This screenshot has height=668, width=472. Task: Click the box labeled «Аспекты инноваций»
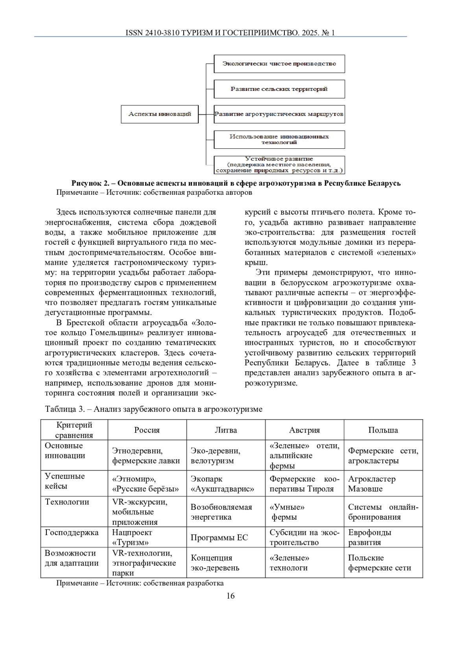(x=160, y=114)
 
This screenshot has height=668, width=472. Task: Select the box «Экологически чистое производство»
(x=279, y=64)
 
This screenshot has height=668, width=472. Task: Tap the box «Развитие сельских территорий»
(x=279, y=89)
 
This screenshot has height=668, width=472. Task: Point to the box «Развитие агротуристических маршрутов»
(x=279, y=114)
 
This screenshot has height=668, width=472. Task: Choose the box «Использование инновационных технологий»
(x=279, y=139)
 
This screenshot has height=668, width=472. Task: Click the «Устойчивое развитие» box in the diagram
(x=279, y=165)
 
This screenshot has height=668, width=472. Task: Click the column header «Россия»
(x=147, y=430)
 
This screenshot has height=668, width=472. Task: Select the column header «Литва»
(x=226, y=430)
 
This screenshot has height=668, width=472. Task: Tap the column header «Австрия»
(x=304, y=430)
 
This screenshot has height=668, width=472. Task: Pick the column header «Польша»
(x=383, y=430)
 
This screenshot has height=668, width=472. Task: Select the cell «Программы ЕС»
(x=219, y=537)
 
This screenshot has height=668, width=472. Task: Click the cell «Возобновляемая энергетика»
(x=221, y=512)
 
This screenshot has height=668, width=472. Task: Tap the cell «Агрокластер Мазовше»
(x=372, y=484)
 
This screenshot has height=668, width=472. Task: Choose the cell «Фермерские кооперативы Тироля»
(x=304, y=484)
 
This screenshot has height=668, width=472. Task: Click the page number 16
(x=230, y=596)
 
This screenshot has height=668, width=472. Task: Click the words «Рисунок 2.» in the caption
(x=90, y=183)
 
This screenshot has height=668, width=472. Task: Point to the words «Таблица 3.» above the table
(x=65, y=409)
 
